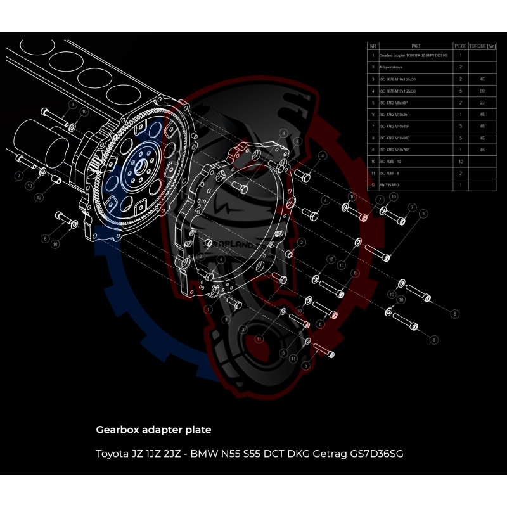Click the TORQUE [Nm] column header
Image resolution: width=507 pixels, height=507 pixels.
483,46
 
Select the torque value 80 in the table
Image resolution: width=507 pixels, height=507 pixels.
482,91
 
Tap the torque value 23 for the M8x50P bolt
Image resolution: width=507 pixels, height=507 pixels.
482,102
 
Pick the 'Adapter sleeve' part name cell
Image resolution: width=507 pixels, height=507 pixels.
394,67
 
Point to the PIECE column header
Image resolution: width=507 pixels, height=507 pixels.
461,46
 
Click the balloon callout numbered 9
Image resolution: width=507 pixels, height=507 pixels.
72,105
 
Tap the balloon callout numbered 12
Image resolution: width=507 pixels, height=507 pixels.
39,198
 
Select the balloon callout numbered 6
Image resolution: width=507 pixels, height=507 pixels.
45,238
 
